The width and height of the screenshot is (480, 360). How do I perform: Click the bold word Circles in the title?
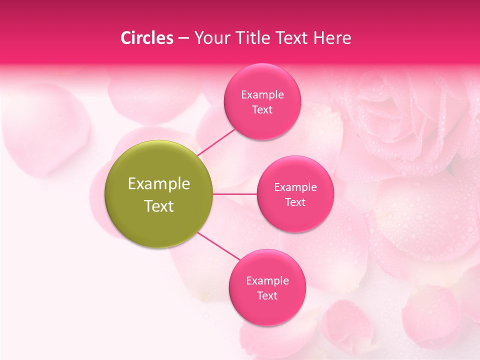(x=146, y=38)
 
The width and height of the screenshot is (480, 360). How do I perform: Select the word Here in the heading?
(x=332, y=38)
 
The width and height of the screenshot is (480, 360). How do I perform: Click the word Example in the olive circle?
(x=159, y=184)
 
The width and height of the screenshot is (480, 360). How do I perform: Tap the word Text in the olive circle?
(x=159, y=206)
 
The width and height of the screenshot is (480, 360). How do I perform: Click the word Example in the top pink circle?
(x=262, y=95)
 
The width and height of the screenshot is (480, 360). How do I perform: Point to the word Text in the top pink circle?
(x=262, y=110)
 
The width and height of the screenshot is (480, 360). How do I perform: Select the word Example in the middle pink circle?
(x=295, y=187)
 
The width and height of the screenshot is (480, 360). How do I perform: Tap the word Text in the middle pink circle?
(x=295, y=202)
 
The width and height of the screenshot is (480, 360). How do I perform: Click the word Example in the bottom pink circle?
(x=267, y=281)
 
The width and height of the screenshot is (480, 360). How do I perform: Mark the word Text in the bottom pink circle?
(x=267, y=296)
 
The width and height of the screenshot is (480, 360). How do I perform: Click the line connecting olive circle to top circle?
(x=216, y=141)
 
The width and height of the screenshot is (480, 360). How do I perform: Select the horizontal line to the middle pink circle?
(x=235, y=194)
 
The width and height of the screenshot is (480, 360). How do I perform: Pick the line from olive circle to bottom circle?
(x=219, y=245)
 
